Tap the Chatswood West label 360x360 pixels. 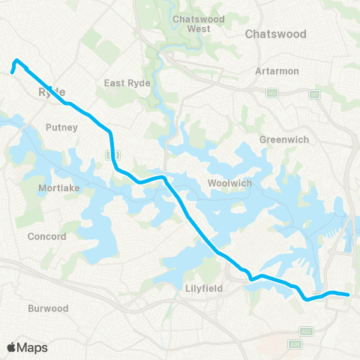pyautogui.click(x=192, y=23)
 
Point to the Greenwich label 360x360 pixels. pyautogui.click(x=280, y=139)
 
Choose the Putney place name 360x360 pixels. pyautogui.click(x=61, y=127)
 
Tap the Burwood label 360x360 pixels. pyautogui.click(x=48, y=308)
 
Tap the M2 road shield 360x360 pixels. pyautogui.click(x=272, y=92)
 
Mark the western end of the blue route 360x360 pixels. pyautogui.click(x=12, y=73)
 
